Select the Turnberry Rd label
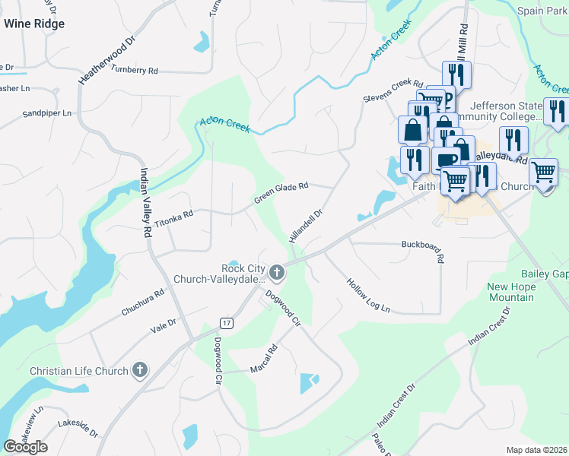tap(134, 70)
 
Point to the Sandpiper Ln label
tap(46, 113)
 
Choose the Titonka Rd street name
tap(173, 220)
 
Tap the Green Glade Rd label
tap(281, 192)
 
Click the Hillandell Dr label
tap(306, 226)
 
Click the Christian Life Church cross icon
tap(138, 370)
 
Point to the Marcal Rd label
tap(264, 359)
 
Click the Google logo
tap(25, 446)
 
